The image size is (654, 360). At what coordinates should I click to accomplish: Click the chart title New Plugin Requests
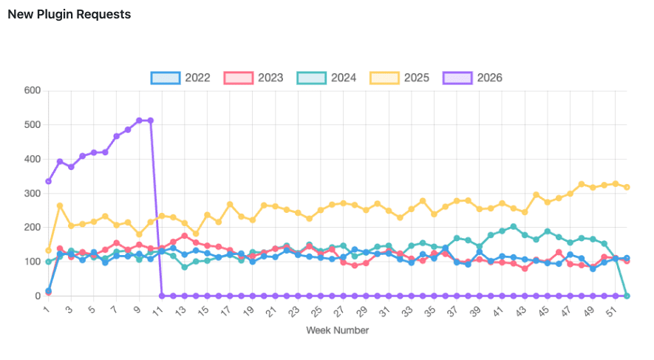point(69,15)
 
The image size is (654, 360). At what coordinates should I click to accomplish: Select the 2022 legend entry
point(182,78)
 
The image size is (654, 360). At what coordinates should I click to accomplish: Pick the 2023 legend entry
point(255,78)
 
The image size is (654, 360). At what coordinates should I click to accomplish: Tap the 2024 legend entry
point(327,78)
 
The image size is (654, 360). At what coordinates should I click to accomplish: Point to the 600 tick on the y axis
point(32,91)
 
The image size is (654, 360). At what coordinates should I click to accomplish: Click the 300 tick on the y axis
point(32,194)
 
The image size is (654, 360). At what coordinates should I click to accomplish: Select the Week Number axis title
point(337,330)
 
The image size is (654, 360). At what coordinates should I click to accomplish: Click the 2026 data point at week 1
point(49,181)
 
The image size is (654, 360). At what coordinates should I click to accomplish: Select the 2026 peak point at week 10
point(151,120)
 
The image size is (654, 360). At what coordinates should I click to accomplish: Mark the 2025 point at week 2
point(60,206)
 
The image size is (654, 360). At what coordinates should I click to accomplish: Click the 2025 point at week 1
point(49,250)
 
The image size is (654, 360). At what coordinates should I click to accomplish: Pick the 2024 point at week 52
point(627,296)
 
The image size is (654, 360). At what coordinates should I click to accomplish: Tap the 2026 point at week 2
point(60,161)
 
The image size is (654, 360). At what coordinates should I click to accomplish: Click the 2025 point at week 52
point(627,187)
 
